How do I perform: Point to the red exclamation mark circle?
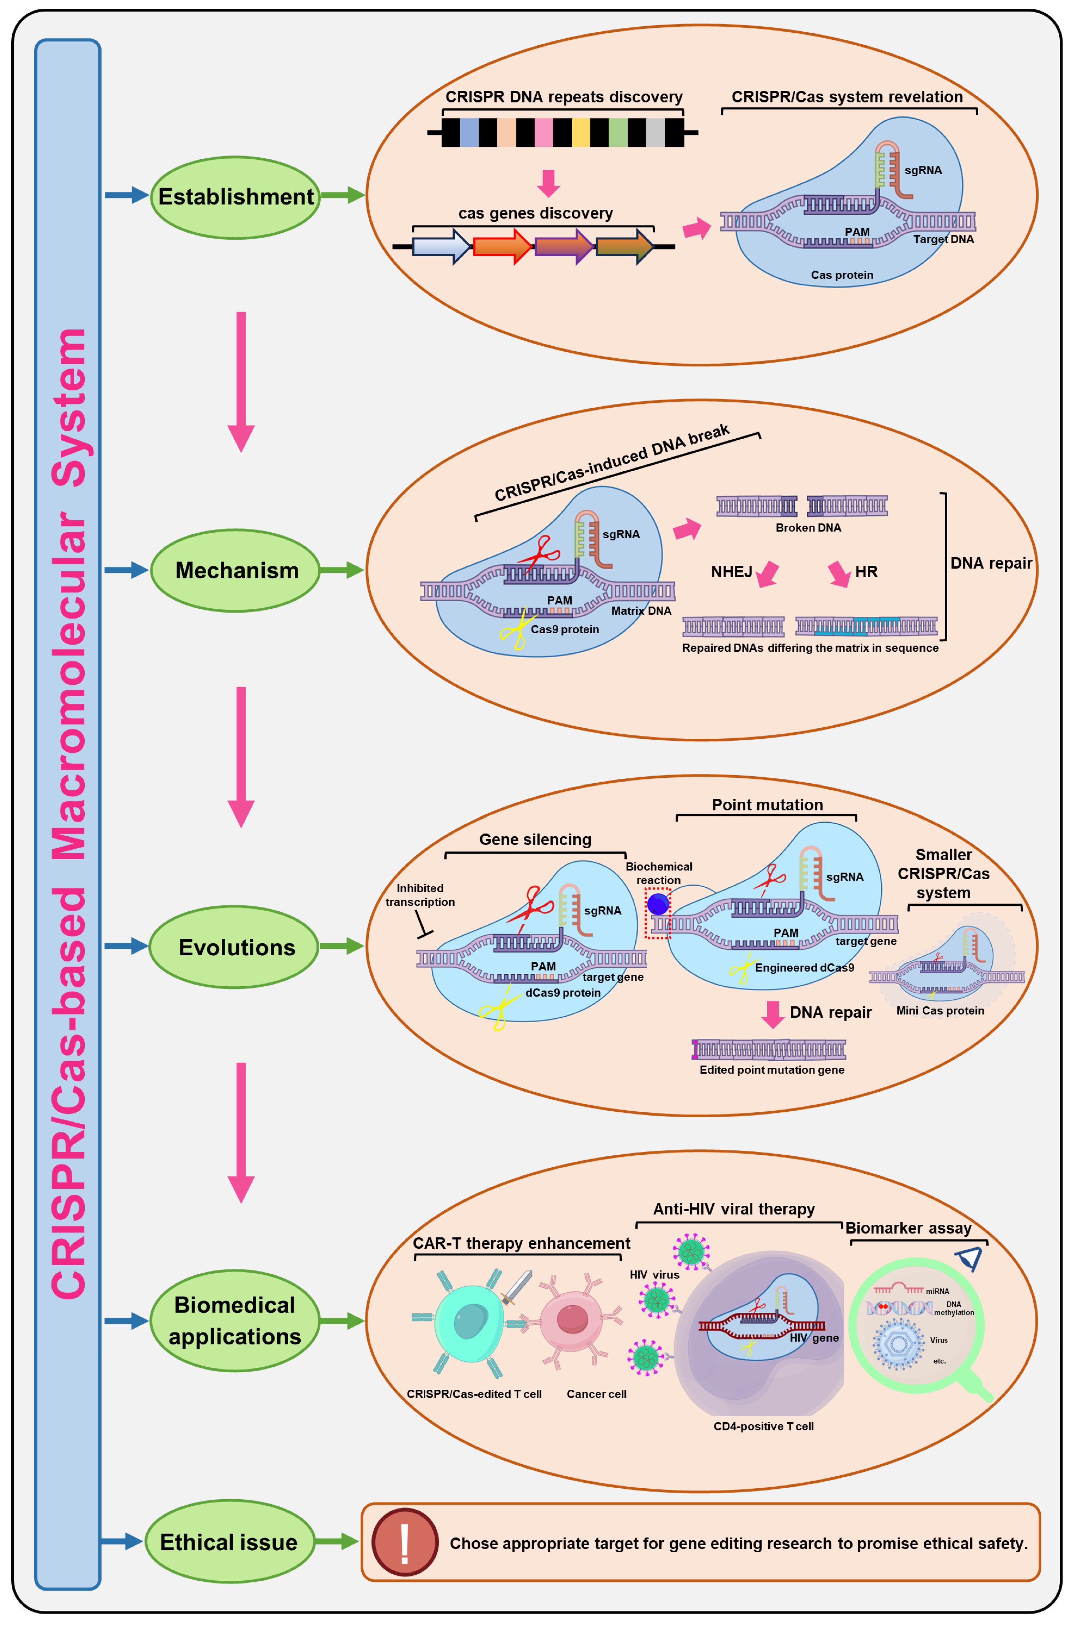405,1542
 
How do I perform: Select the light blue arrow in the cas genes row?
441,246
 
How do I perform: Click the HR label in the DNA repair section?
866,572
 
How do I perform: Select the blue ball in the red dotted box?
658,904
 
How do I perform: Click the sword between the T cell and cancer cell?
517,1287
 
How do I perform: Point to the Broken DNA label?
808,528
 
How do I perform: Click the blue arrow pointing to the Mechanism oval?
126,570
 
